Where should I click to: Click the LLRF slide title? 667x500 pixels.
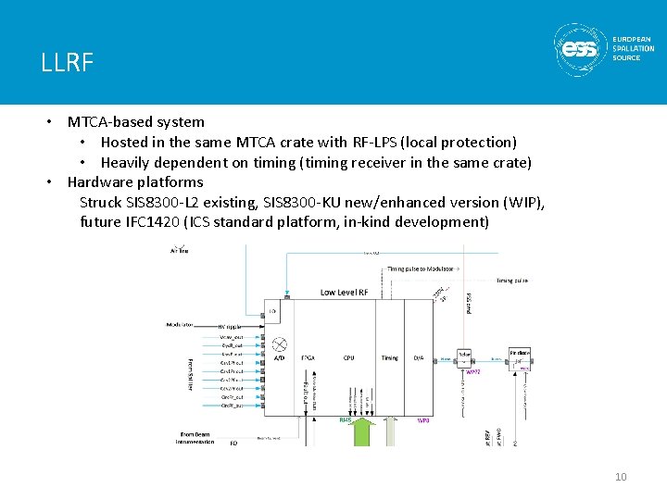[x=67, y=63]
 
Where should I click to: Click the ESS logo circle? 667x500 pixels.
[x=580, y=48]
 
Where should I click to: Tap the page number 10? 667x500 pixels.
[x=621, y=477]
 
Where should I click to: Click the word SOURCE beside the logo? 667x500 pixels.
[x=626, y=58]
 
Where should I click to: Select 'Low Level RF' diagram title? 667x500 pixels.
[x=346, y=293]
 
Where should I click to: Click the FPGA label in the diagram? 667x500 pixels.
[x=309, y=356]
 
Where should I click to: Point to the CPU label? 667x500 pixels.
[x=348, y=356]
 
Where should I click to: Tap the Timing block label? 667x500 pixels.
[x=390, y=356]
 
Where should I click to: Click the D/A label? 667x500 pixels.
[x=419, y=356]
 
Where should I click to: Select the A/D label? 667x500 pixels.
[x=280, y=356]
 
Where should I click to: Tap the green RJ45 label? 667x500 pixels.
[x=346, y=419]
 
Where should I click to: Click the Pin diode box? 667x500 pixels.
[x=519, y=358]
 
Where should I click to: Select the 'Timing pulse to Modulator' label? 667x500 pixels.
[x=422, y=269]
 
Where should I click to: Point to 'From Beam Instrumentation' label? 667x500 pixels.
[x=195, y=437]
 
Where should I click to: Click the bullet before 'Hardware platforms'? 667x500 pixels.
[x=53, y=182]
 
